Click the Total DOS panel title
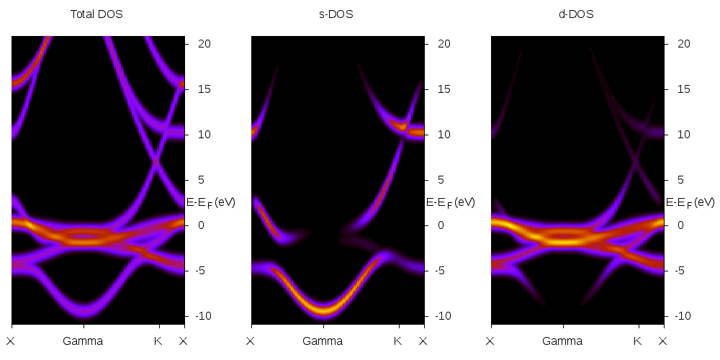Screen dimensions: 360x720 pyautogui.click(x=96, y=14)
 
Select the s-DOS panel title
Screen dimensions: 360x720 pyautogui.click(x=336, y=14)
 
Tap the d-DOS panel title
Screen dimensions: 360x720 pyautogui.click(x=576, y=14)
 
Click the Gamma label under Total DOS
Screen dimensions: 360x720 pyautogui.click(x=83, y=341)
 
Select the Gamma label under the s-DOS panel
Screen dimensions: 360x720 pyautogui.click(x=323, y=341)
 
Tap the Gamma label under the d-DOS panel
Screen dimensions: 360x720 pyautogui.click(x=562, y=341)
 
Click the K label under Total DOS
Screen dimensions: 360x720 pyautogui.click(x=158, y=341)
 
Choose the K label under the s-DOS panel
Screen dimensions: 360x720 pyautogui.click(x=397, y=341)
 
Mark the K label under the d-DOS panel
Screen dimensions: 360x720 pyautogui.click(x=637, y=341)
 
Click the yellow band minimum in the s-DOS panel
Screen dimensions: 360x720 pyautogui.click(x=323, y=310)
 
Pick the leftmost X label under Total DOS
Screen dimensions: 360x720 pyautogui.click(x=11, y=341)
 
